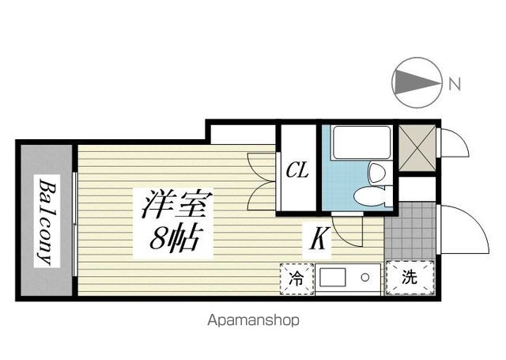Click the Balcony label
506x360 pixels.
pos(47,222)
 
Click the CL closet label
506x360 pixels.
pos(297,170)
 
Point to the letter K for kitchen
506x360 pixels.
pos(319,239)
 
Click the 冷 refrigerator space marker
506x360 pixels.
pos(296,279)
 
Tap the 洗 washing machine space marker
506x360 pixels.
pos(410,277)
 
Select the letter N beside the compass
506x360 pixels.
pos(455,84)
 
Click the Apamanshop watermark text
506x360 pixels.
pos(253,320)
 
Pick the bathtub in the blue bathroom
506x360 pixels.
pos(362,142)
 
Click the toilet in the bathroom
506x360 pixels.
pos(372,195)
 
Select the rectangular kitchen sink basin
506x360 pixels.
pos(332,277)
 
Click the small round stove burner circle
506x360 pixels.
pos(365,278)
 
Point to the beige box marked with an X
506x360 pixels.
pos(417,148)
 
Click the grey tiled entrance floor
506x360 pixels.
pos(410,231)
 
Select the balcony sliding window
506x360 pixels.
pos(75,224)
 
